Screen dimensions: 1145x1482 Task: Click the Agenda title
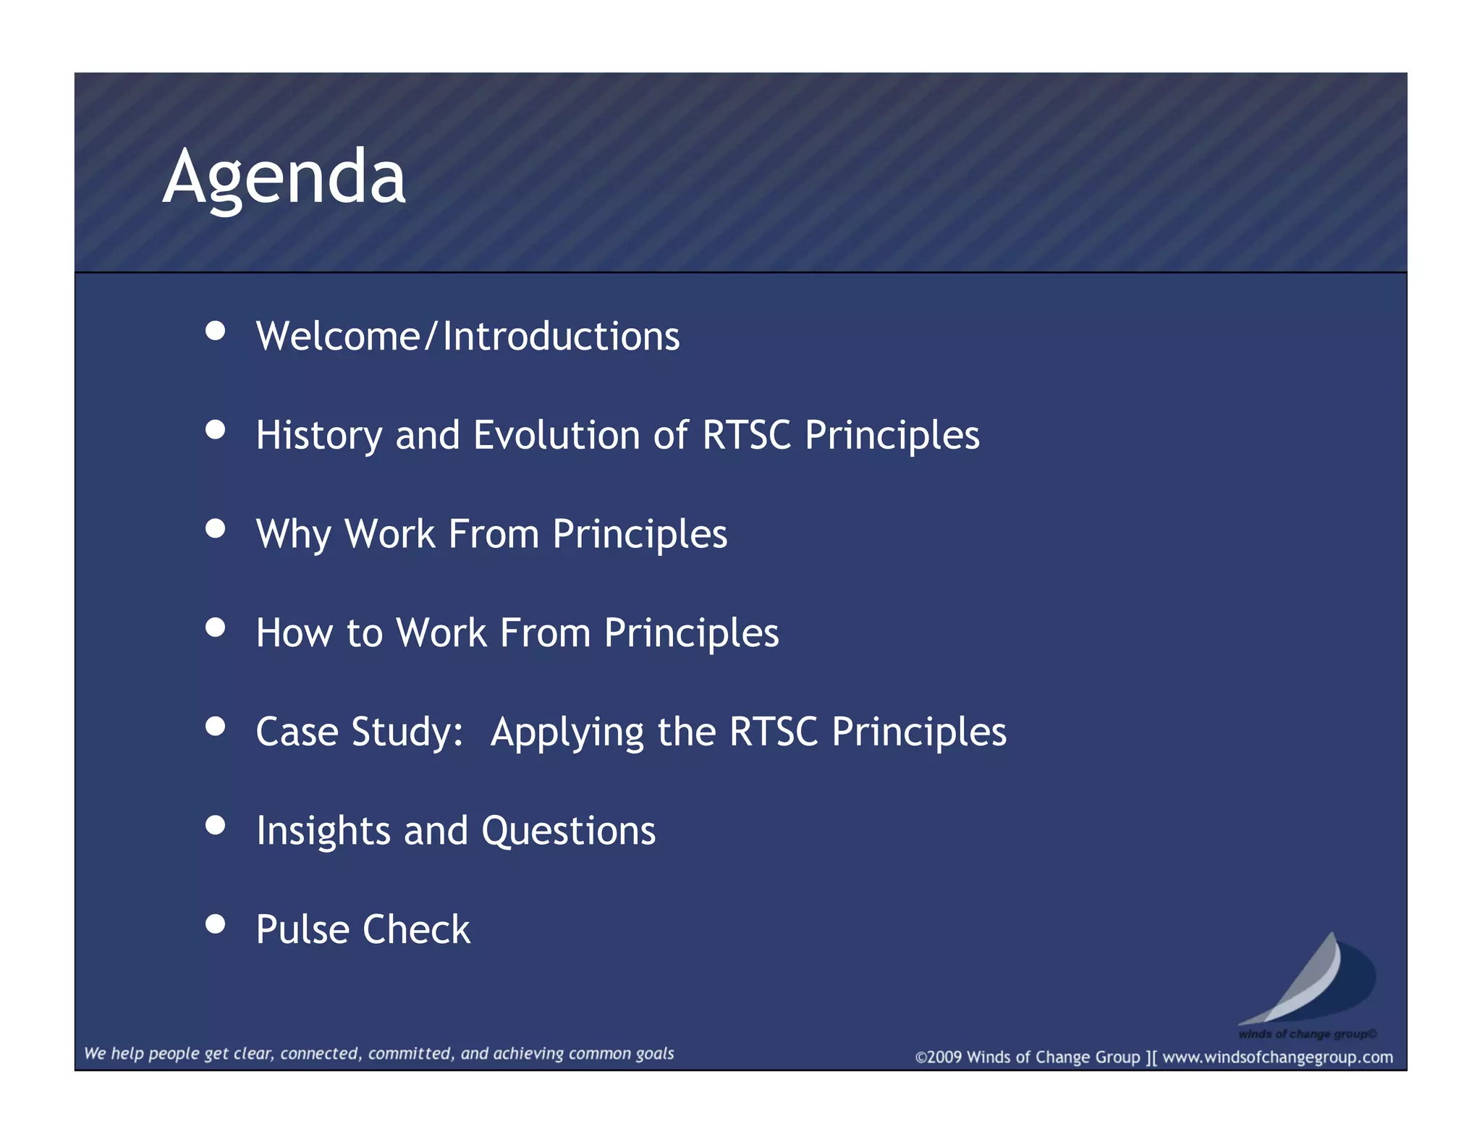(x=284, y=177)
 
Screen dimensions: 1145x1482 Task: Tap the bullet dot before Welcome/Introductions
(x=215, y=331)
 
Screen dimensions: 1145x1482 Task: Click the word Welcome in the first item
(x=338, y=337)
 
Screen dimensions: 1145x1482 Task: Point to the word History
(x=318, y=436)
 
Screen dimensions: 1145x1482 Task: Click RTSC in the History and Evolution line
(x=746, y=435)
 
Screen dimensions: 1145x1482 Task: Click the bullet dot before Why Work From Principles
(x=215, y=528)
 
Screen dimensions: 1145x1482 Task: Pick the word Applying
(x=567, y=733)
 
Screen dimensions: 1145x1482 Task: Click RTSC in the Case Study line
(x=773, y=732)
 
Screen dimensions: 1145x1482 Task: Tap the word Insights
(x=323, y=831)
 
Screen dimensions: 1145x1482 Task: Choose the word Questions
(x=568, y=831)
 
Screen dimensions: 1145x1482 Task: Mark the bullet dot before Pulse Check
(x=215, y=924)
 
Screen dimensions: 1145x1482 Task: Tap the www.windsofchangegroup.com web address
(x=1277, y=1057)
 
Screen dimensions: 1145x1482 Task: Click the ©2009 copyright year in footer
(x=939, y=1057)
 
